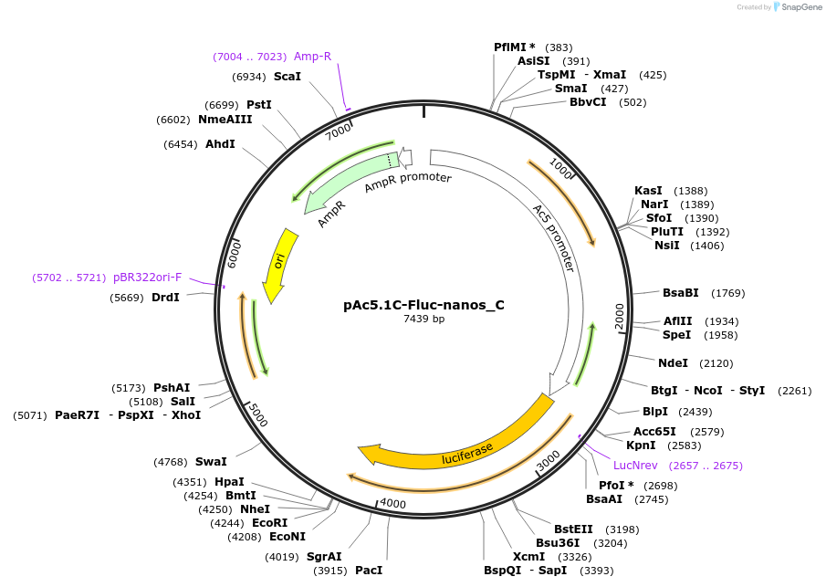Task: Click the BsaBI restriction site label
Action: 680,293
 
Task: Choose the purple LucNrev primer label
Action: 635,466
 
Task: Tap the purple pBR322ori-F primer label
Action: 148,277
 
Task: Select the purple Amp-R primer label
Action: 312,57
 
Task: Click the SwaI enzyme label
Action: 211,462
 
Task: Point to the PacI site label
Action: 369,571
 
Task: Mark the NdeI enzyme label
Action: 673,362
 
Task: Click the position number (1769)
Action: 729,293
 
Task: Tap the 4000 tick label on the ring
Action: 393,504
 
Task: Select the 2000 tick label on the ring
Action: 619,316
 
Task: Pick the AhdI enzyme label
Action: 220,144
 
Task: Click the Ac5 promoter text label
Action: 554,237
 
